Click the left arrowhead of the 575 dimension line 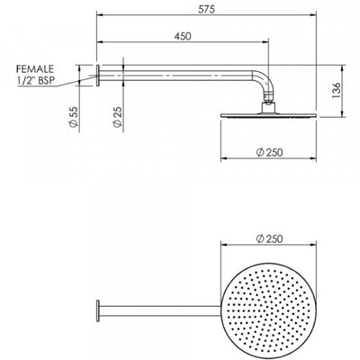click(x=97, y=16)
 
